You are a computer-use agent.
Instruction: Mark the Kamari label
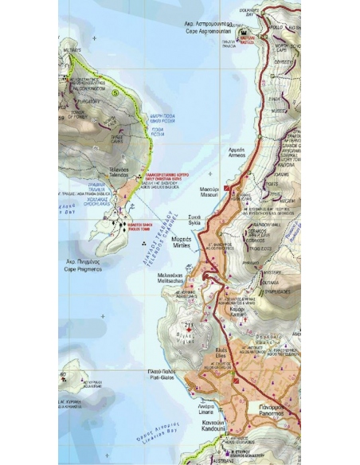[237, 311]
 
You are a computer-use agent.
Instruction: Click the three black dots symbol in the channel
[143, 240]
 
